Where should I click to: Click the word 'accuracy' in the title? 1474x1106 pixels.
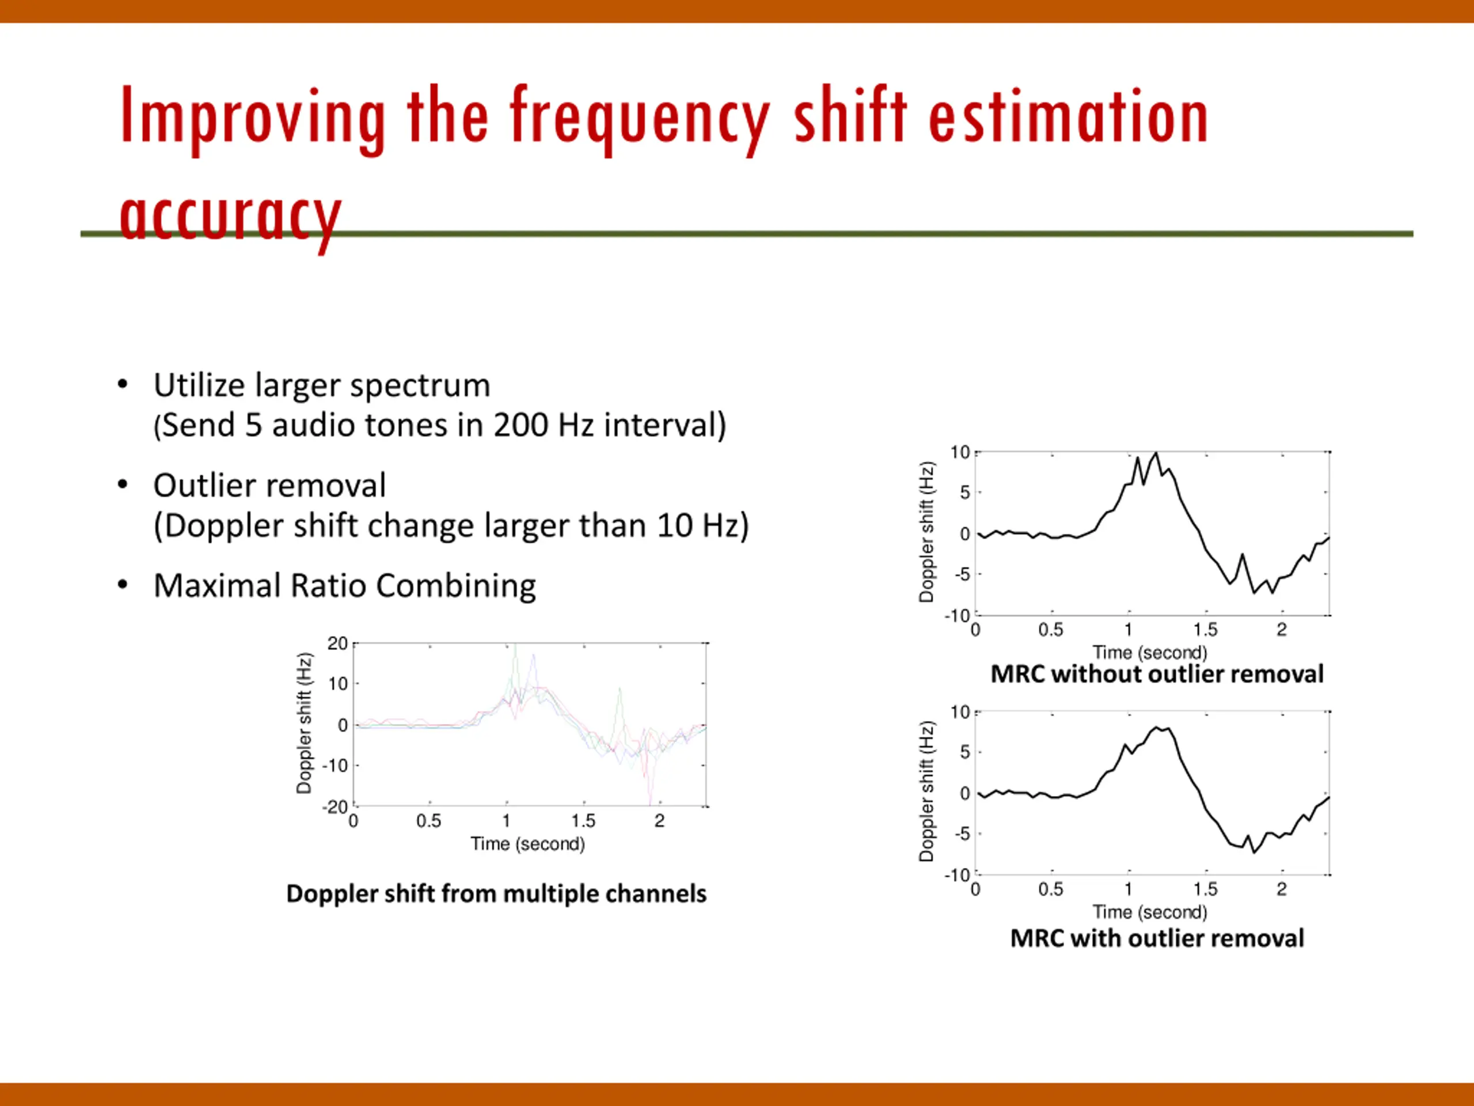[x=230, y=217]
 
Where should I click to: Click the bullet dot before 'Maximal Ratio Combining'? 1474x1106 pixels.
[x=123, y=585]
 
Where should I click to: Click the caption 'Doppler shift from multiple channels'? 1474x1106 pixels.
[x=496, y=894]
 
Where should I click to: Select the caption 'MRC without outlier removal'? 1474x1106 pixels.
[x=1157, y=674]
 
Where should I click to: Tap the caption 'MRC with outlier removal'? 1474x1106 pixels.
[x=1157, y=939]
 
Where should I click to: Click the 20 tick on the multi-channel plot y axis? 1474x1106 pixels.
[x=337, y=643]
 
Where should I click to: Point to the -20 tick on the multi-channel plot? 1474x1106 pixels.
[x=335, y=806]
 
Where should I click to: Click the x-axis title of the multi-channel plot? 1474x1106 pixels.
[x=528, y=844]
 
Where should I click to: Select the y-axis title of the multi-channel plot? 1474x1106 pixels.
[x=304, y=724]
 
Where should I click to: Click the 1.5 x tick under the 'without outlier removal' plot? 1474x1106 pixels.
[x=1205, y=630]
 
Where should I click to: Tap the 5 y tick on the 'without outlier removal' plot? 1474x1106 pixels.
[x=965, y=493]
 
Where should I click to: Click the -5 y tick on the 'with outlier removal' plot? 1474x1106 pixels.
[x=962, y=834]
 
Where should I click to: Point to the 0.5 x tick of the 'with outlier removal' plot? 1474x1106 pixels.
[x=1051, y=889]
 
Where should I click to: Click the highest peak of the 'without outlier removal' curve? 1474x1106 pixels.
[x=1156, y=453]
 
